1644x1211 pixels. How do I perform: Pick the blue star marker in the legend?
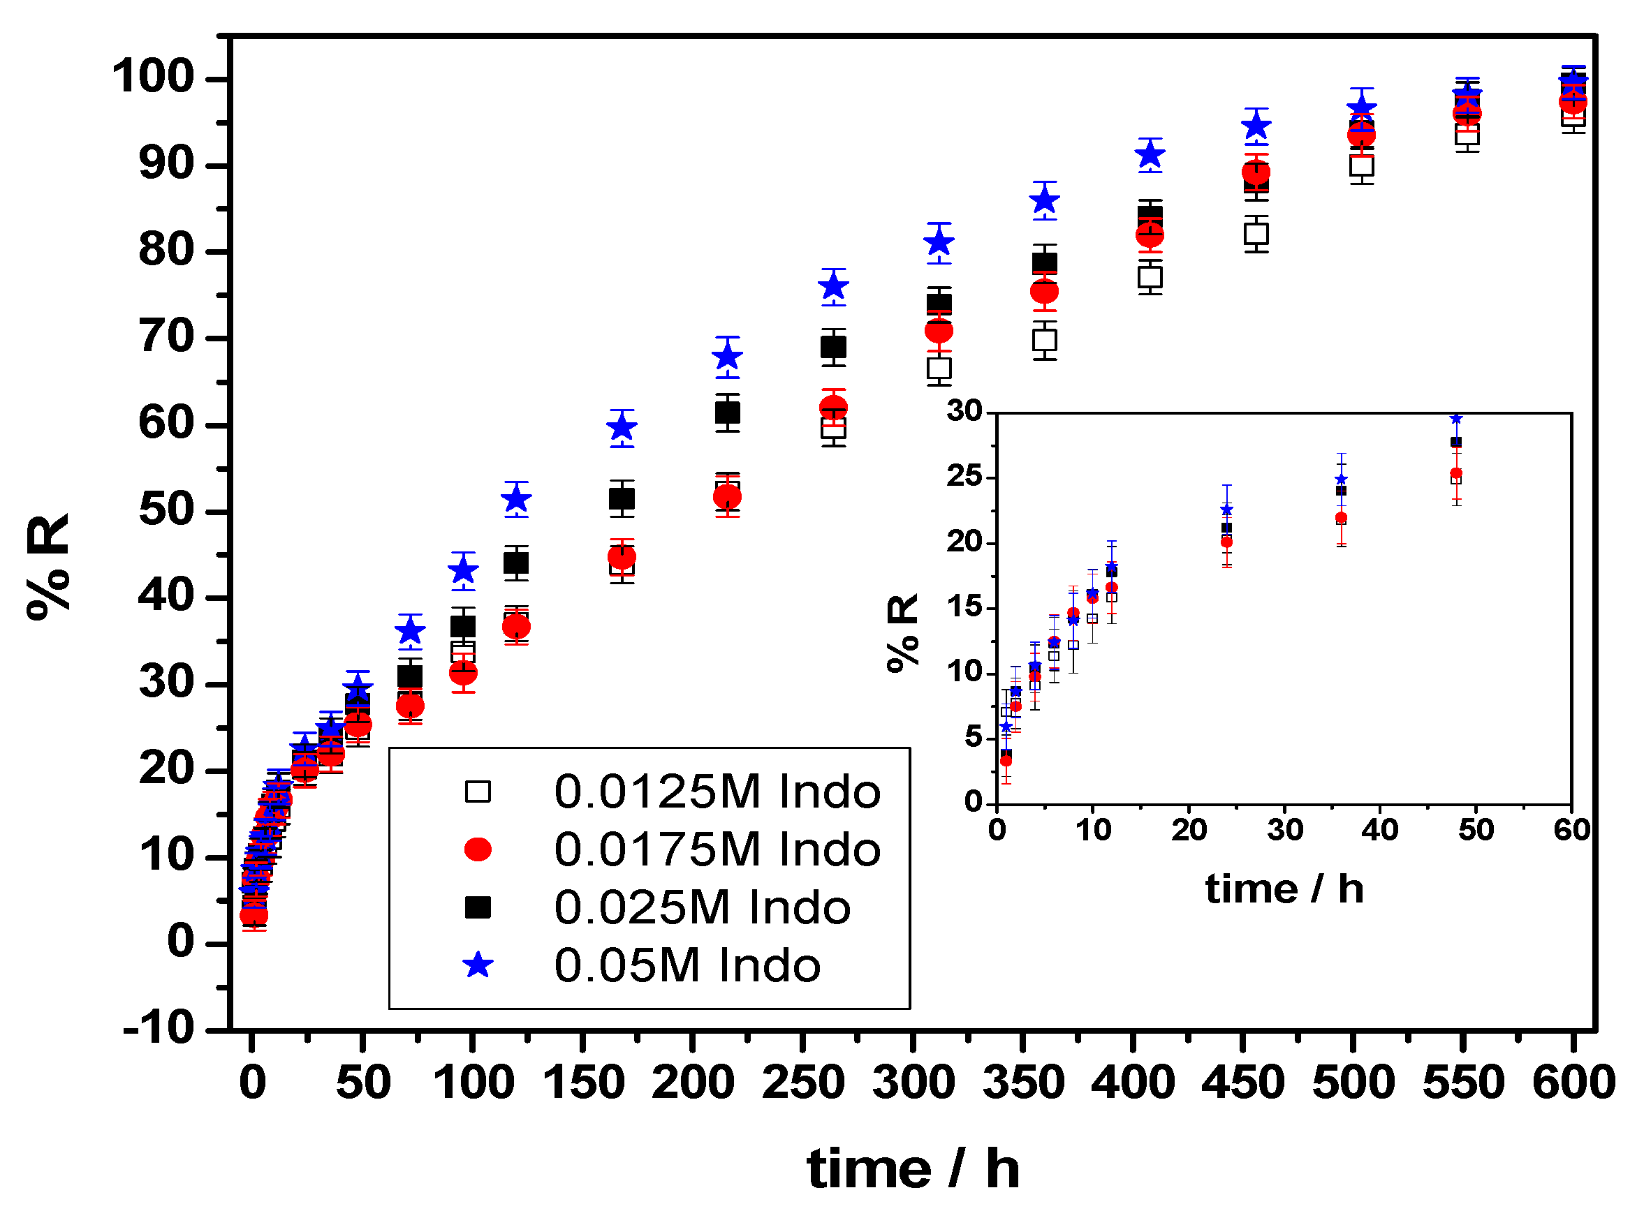coord(478,965)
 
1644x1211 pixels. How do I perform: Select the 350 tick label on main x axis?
coord(1023,1083)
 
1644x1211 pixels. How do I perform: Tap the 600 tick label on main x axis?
coord(1573,1083)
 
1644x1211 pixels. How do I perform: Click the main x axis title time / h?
coord(913,1168)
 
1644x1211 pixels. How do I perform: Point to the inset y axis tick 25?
coord(964,477)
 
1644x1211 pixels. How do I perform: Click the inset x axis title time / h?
coord(1284,890)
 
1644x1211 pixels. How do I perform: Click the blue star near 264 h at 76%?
coord(833,287)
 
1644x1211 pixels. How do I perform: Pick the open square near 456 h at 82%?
coord(1256,234)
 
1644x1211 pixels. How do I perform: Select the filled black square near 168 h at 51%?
coord(622,499)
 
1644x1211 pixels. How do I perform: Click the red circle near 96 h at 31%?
coord(463,672)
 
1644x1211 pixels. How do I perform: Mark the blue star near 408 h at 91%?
coord(1150,155)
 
